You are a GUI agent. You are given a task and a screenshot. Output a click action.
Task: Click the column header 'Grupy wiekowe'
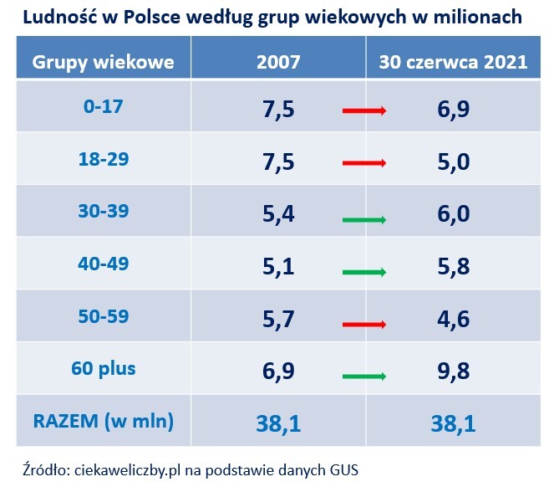click(103, 62)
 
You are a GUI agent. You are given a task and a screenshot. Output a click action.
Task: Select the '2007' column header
click(278, 62)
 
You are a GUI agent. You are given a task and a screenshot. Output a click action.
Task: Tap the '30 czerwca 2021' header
click(453, 62)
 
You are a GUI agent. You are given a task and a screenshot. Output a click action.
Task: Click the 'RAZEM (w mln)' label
click(103, 421)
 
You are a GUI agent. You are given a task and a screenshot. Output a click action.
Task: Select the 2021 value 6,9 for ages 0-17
click(453, 110)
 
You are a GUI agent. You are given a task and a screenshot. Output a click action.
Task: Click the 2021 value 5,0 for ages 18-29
click(453, 162)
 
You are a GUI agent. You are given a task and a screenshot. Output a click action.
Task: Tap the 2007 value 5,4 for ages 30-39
click(278, 215)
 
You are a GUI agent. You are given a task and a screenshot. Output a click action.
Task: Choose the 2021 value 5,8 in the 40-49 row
click(453, 268)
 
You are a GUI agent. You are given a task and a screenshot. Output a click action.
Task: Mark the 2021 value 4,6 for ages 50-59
click(453, 320)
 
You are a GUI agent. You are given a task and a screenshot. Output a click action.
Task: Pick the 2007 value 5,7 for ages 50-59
click(278, 320)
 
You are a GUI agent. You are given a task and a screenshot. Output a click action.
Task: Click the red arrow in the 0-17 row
click(364, 110)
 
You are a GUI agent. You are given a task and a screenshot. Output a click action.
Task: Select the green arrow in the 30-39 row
click(364, 220)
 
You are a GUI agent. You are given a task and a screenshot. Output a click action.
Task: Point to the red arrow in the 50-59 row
click(364, 325)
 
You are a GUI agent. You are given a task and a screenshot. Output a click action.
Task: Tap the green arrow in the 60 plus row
click(364, 377)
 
